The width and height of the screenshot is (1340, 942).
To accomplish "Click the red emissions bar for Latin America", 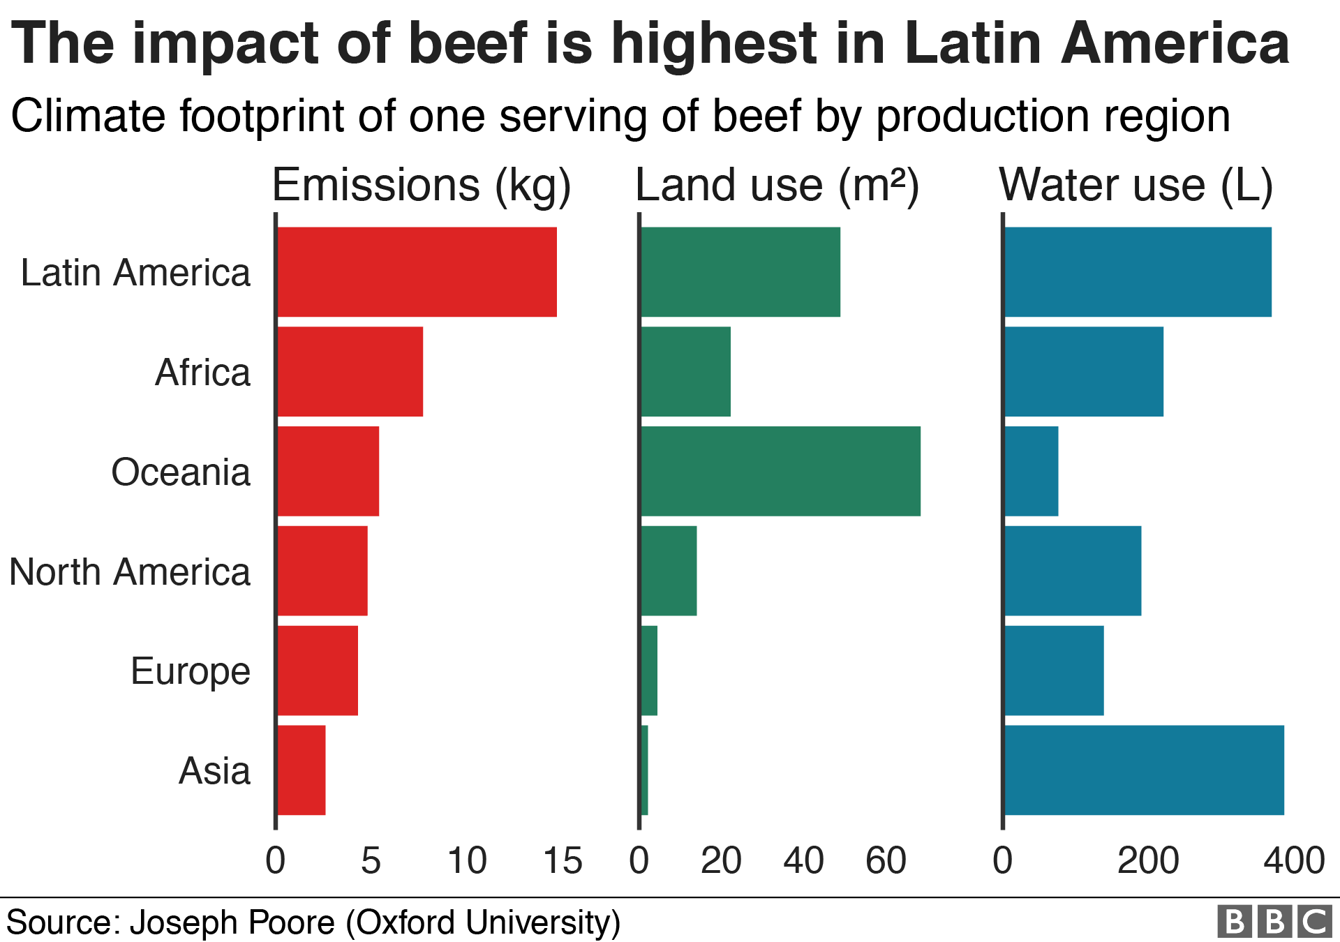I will click(417, 272).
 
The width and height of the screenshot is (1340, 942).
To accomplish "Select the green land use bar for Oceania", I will click(780, 471).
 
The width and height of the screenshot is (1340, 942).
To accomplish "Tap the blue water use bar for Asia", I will click(1144, 770).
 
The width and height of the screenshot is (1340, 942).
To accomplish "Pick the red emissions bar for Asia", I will click(301, 770).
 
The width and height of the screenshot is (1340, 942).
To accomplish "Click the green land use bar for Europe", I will click(649, 671).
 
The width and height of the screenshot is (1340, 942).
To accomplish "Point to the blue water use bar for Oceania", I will click(1032, 471).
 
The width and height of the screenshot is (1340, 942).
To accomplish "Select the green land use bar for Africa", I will click(685, 372).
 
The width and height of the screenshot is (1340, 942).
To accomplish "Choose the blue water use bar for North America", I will click(1073, 571).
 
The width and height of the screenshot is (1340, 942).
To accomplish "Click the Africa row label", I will click(202, 372).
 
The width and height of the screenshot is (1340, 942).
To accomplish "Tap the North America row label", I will click(130, 572).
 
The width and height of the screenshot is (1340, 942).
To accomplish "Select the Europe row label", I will click(190, 672).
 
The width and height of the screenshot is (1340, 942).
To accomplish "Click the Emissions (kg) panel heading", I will click(421, 186).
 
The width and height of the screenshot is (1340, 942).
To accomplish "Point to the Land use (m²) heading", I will click(777, 186).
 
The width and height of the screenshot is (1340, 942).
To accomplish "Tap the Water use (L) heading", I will click(1136, 186).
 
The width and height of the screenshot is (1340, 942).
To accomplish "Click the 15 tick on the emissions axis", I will click(563, 860).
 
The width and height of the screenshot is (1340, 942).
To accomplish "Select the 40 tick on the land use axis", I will click(803, 860).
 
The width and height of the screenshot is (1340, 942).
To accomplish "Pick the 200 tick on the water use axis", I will click(1148, 860).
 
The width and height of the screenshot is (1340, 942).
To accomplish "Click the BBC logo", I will click(1274, 922).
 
